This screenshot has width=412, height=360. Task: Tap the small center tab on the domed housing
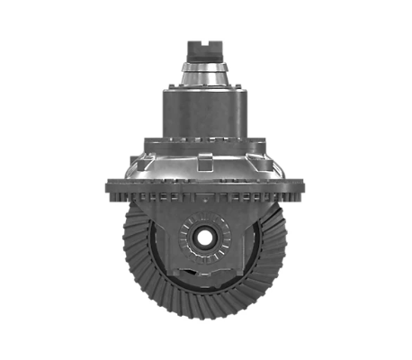(x=205, y=162)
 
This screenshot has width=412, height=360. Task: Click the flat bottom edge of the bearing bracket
(x=205, y=274)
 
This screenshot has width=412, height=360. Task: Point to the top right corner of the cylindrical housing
(x=243, y=90)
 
